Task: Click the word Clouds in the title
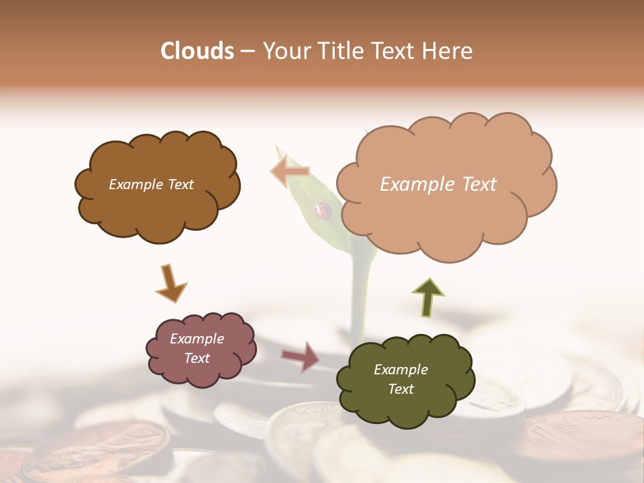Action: [x=197, y=51]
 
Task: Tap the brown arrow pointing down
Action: [x=170, y=283]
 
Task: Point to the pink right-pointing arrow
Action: [x=301, y=356]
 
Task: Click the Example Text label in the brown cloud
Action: [x=151, y=184]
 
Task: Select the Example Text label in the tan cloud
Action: [x=438, y=184]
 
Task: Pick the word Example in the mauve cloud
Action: [x=197, y=339]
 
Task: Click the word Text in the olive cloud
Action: [x=401, y=389]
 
